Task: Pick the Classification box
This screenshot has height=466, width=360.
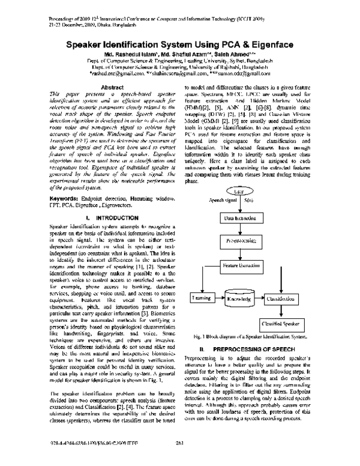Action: pyautogui.click(x=280, y=298)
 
